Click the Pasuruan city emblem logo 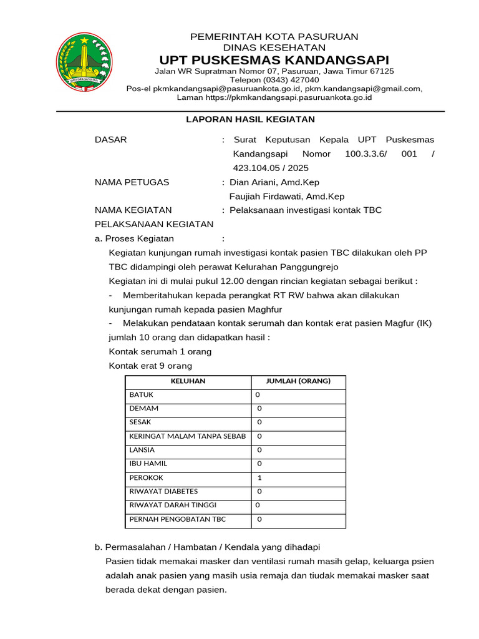coord(84,61)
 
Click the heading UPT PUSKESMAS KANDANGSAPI coord(274,60)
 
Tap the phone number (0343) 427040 coord(274,80)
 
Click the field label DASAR coord(110,140)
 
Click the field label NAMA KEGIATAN coord(133,210)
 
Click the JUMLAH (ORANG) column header coord(298,381)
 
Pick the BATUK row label coord(142,395)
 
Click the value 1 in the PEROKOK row coord(259,478)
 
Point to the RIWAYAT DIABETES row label coord(163,491)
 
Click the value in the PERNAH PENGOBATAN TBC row coord(259,519)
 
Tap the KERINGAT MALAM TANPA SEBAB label coord(188,436)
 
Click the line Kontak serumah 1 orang coord(160,352)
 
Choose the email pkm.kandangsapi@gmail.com coord(362,89)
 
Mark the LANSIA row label coord(142,450)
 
